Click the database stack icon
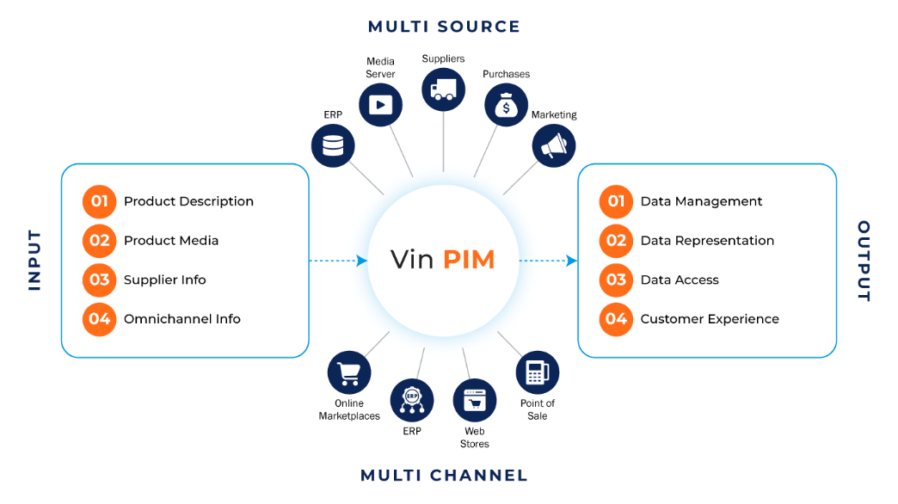click(x=333, y=144)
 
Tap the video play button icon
click(x=380, y=105)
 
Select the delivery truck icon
click(x=444, y=89)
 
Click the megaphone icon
click(x=553, y=145)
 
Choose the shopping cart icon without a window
click(x=349, y=373)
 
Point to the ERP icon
click(x=412, y=400)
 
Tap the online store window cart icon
click(x=475, y=400)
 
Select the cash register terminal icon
click(x=538, y=373)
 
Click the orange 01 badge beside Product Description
click(x=100, y=201)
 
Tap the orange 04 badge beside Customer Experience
click(x=616, y=319)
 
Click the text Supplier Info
click(x=164, y=280)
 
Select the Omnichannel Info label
click(x=181, y=319)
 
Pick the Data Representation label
click(x=707, y=241)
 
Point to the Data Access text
click(x=680, y=280)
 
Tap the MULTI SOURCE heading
click(x=444, y=27)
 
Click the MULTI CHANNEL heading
click(x=444, y=476)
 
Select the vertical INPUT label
click(x=34, y=261)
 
